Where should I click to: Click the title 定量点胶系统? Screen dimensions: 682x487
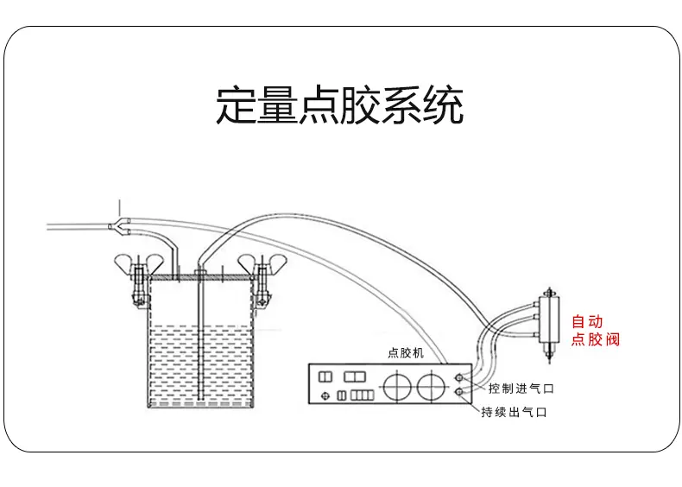click(x=339, y=105)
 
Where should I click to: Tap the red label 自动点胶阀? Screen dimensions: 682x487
click(x=595, y=331)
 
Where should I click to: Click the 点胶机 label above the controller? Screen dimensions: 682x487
click(x=406, y=353)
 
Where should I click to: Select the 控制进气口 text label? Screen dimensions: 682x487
click(x=521, y=389)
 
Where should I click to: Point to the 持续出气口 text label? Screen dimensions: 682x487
click(x=514, y=412)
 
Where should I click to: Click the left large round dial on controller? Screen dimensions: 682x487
click(x=397, y=386)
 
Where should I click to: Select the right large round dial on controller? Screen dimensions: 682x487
click(x=432, y=386)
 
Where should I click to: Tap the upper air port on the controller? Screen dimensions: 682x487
click(x=459, y=377)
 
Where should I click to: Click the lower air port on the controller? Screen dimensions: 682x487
click(x=459, y=393)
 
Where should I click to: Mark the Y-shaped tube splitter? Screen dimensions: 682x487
click(x=120, y=226)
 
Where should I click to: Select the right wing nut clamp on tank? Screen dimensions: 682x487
click(x=262, y=280)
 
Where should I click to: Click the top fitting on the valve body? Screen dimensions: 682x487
click(x=536, y=303)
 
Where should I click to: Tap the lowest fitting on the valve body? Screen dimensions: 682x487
click(x=536, y=335)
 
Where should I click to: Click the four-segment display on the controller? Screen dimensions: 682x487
click(x=363, y=395)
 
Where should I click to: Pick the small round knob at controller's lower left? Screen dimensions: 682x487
click(x=325, y=395)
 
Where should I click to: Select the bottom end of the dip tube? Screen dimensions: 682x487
click(x=200, y=398)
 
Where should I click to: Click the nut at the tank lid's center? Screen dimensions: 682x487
click(x=200, y=274)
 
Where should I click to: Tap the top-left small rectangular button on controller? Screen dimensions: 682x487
click(x=325, y=376)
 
